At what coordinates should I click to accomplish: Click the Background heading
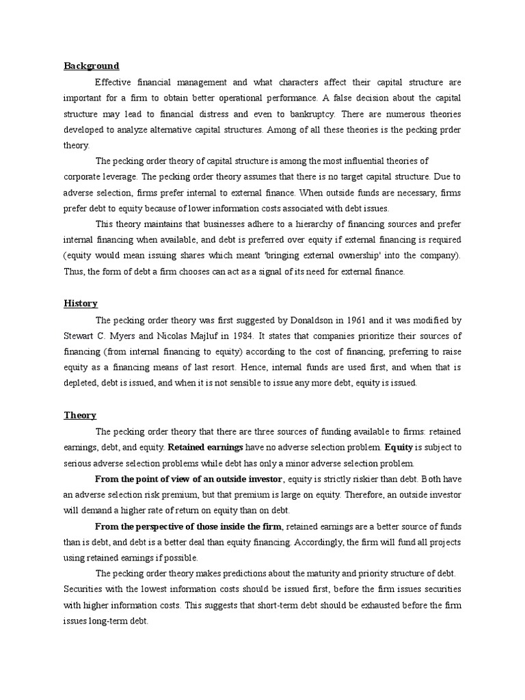pos(92,66)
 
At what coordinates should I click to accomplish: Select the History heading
pos(81,304)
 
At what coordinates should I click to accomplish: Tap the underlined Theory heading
pos(80,415)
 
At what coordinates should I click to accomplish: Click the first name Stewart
pos(81,336)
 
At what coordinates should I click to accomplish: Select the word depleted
pos(83,383)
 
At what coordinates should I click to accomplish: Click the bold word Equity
pos(399,447)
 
